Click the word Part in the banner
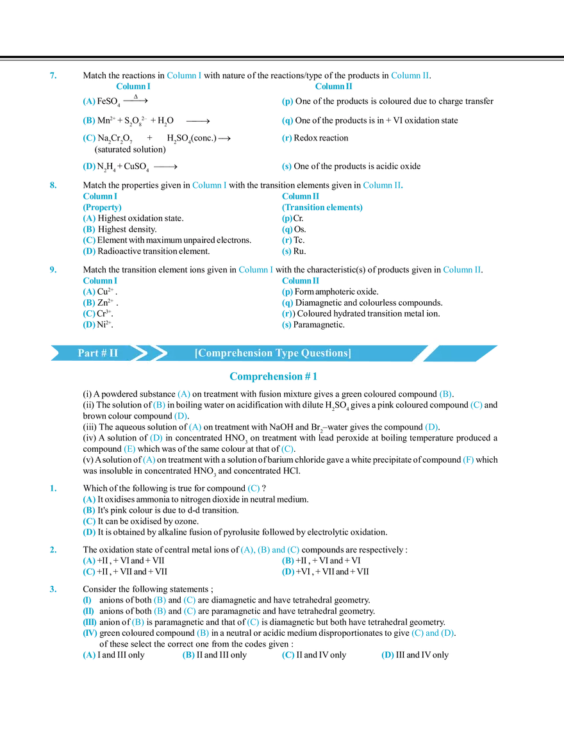coord(88,353)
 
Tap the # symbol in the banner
coord(104,353)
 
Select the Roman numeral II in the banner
coord(113,353)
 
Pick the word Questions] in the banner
coord(325,353)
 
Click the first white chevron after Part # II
coord(135,353)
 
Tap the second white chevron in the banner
coord(156,353)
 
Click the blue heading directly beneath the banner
coord(273,377)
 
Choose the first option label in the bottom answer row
coord(89,656)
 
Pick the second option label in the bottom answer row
coord(188,656)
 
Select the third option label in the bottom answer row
coord(288,656)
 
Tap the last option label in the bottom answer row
coord(387,655)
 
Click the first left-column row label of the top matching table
coord(89,101)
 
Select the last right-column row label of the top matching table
coord(286,167)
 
